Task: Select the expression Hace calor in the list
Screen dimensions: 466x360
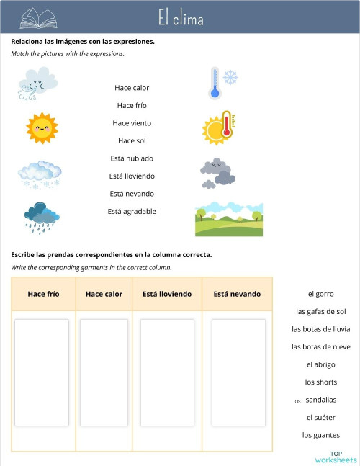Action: pos(132,88)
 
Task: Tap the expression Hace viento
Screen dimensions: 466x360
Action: pos(132,123)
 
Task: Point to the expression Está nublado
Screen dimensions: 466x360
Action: pos(132,158)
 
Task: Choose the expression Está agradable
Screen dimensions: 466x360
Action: pos(132,211)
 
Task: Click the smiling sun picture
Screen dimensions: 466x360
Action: pos(41,127)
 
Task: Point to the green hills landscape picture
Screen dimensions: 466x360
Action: pos(228,219)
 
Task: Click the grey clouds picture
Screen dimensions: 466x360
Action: pos(217,173)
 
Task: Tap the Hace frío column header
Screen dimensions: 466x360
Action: pos(43,294)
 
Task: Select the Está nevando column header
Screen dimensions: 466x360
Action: pos(237,294)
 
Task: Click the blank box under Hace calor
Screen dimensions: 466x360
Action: pos(104,372)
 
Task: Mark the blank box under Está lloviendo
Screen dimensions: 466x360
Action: pos(167,372)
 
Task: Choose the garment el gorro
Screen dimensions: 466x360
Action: pos(320,294)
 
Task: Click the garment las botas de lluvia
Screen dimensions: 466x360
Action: pos(320,329)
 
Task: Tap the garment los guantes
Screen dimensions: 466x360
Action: pos(320,435)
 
